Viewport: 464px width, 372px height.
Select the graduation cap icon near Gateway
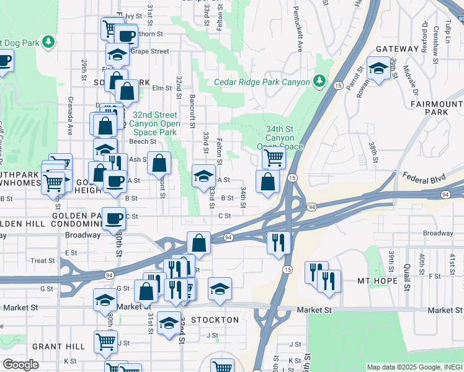pos(378,69)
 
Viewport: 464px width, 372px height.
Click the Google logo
pos(20,365)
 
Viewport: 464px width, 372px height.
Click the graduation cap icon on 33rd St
pos(203,176)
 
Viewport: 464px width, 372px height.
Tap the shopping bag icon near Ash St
pos(159,163)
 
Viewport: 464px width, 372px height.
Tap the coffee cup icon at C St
pos(114,218)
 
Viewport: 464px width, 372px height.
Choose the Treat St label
pos(43,260)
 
